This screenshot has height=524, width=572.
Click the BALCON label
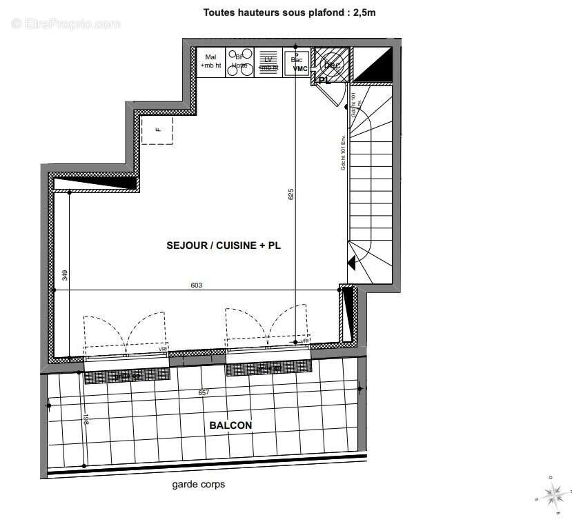coord(230,425)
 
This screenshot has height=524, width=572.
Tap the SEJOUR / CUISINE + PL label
coord(224,245)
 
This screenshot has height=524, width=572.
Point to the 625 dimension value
coord(291,194)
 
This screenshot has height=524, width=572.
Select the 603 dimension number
coord(197,285)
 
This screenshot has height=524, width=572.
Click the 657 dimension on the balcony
coord(203,392)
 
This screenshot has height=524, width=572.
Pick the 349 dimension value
coord(64,275)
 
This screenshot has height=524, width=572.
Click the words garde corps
coord(198,484)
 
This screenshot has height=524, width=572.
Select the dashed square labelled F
coord(157,130)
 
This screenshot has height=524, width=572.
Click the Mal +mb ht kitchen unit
coord(210,62)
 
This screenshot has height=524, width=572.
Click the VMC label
coord(299,69)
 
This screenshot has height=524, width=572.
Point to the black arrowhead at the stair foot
coord(351,263)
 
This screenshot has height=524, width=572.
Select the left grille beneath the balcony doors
coord(127,376)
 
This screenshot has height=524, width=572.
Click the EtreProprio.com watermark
coord(66,24)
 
